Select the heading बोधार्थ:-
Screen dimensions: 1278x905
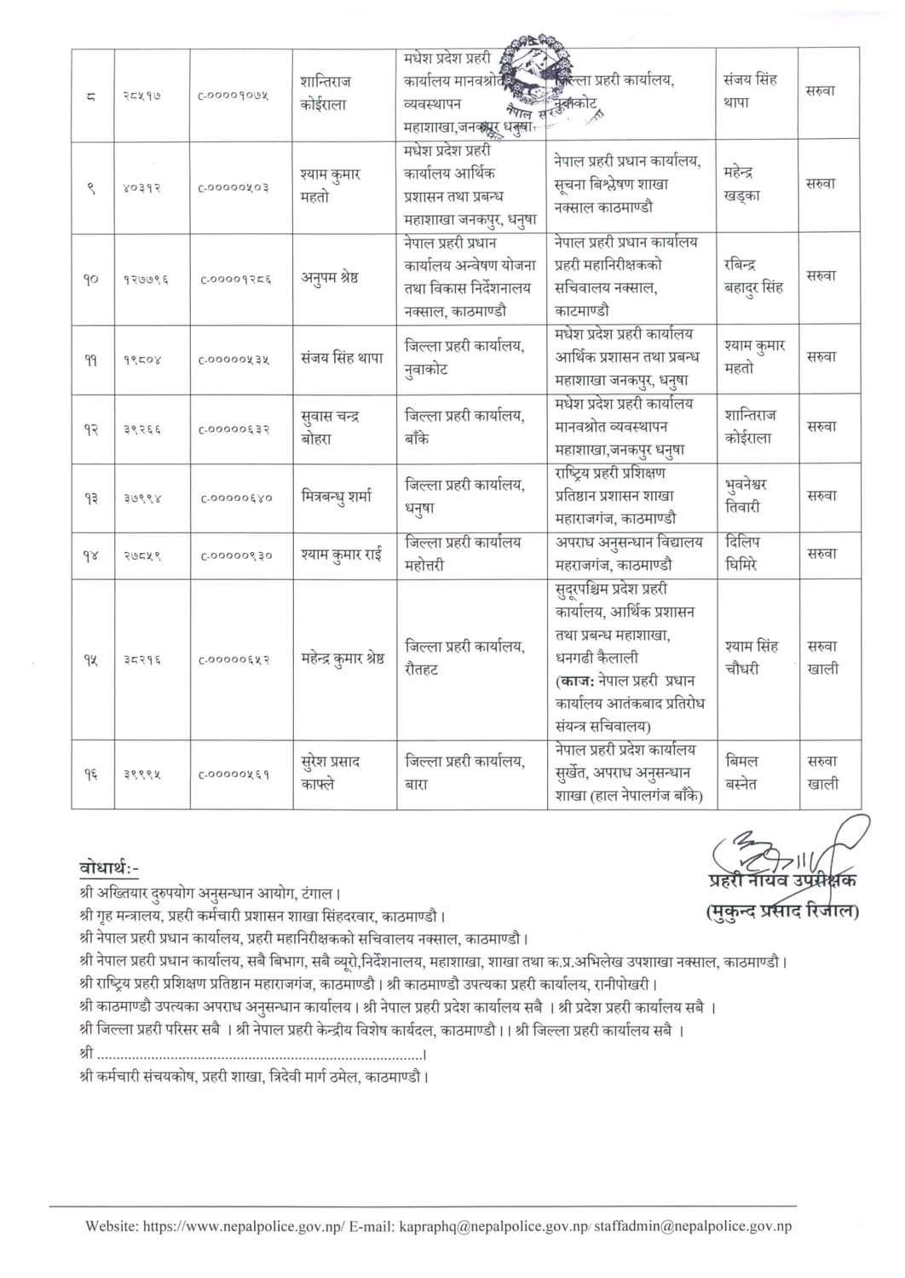[107, 868]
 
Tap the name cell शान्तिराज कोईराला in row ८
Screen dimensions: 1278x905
[325, 92]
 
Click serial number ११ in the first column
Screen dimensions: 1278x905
[90, 360]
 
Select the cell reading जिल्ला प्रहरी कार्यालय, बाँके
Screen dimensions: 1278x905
[464, 427]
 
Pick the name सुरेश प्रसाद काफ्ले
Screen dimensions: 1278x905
[335, 772]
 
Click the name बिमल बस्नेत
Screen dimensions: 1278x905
[741, 772]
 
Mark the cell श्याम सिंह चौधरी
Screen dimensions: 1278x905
[751, 657]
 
